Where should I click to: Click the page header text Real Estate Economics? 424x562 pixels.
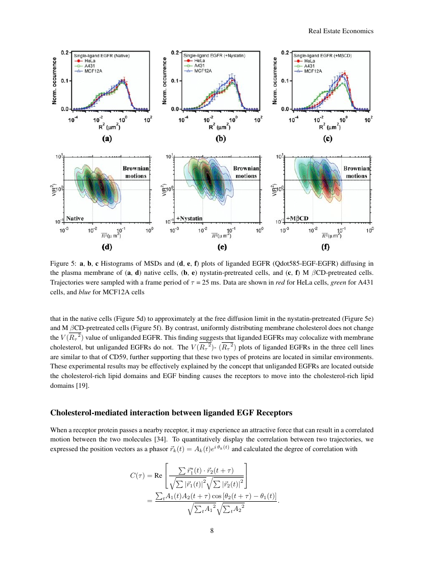341,31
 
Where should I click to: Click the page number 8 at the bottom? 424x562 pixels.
212,529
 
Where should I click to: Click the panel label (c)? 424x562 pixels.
327,138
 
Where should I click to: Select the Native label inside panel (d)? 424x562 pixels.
75,217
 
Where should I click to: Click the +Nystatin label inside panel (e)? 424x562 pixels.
190,218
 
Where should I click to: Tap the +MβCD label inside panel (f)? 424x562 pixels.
299,218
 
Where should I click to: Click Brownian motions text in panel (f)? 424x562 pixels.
354,172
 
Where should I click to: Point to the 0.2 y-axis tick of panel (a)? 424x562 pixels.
65,53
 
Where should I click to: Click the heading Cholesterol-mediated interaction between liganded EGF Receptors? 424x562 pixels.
172,412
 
